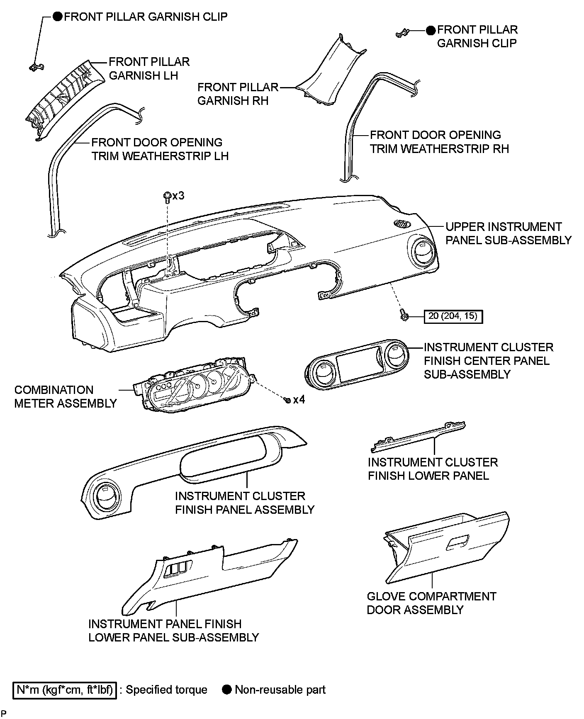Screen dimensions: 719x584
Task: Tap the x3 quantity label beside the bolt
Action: point(178,195)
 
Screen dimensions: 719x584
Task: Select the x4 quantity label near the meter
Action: point(299,400)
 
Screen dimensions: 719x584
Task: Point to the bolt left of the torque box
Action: point(404,316)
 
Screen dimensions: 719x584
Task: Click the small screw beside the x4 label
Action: point(287,400)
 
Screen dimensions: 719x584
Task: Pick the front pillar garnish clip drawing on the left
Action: point(36,66)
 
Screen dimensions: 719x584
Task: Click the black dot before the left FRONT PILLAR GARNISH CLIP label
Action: point(58,17)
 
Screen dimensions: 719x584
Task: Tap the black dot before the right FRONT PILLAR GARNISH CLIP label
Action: point(431,30)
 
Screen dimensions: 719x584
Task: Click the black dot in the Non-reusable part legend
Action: point(227,690)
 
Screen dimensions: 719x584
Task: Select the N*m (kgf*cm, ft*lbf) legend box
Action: point(65,690)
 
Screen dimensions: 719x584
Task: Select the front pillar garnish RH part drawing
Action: point(332,77)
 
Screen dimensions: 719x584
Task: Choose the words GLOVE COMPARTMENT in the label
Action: point(431,596)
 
